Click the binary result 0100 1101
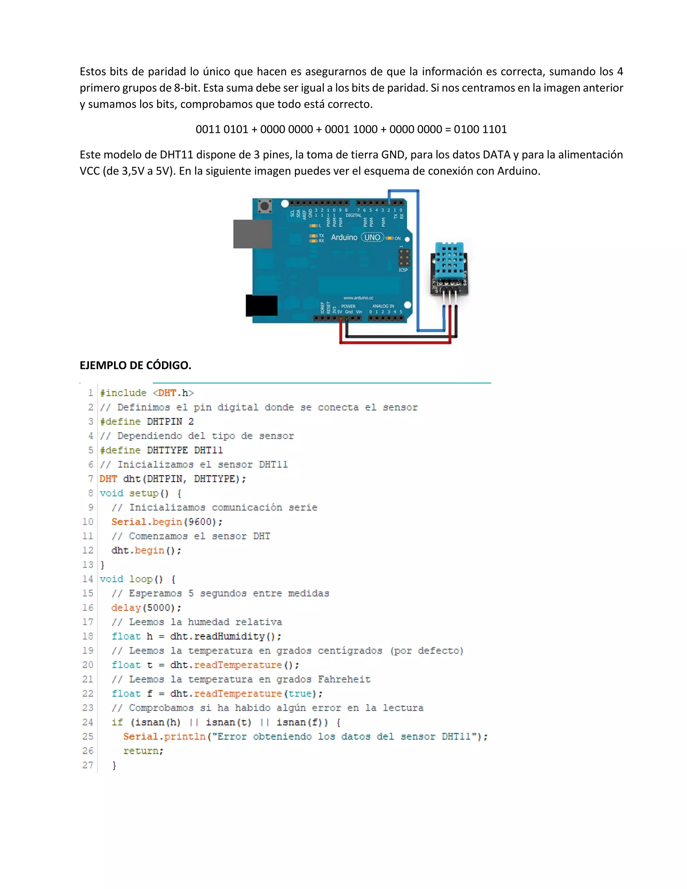pos(480,129)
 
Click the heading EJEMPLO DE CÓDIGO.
pos(135,365)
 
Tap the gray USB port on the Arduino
pos(252,234)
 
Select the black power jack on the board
pos(262,306)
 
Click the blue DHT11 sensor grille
pos(449,258)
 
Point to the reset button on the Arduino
pos(265,206)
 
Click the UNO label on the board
pos(372,237)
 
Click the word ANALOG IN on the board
pos(383,306)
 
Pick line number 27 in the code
pos(88,765)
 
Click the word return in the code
pos(143,751)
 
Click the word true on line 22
pos(300,694)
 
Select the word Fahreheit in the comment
pos(344,679)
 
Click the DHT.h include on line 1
pos(173,393)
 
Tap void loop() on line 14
pos(131,579)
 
